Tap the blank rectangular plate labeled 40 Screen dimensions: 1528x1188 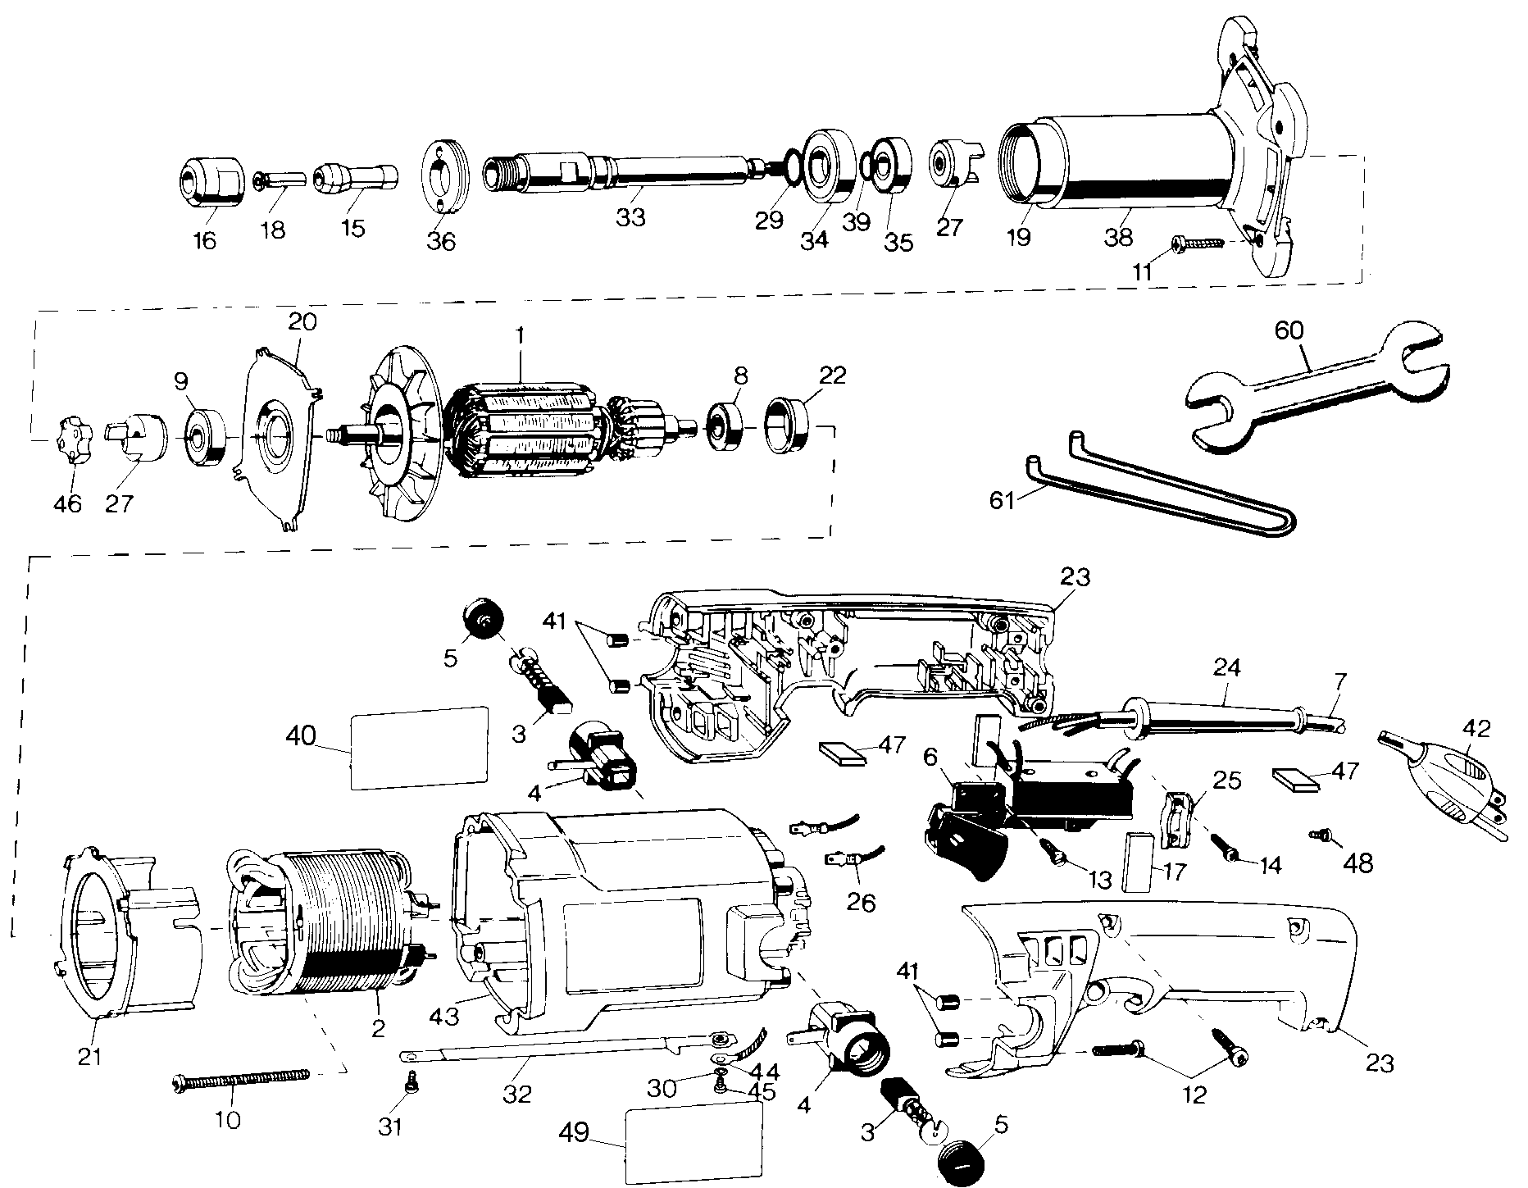(x=419, y=748)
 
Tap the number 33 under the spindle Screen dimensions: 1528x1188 (x=631, y=218)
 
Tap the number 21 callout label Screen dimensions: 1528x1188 (x=90, y=1056)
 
